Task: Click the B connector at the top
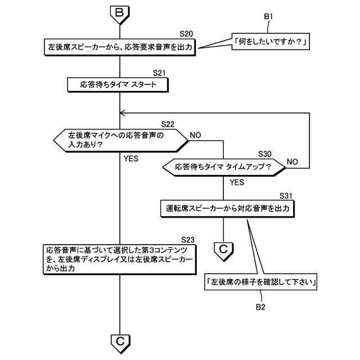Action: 120,12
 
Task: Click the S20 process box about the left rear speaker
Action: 120,47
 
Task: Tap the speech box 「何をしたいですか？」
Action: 272,42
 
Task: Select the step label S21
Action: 160,73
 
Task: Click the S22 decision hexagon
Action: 120,139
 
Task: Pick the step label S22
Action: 167,124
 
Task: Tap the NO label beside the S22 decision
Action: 196,135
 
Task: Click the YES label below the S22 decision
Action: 130,159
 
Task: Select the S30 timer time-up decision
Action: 223,167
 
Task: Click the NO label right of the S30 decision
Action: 292,161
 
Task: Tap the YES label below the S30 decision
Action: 237,182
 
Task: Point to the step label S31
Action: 286,196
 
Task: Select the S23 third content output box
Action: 120,259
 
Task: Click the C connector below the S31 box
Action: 223,248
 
